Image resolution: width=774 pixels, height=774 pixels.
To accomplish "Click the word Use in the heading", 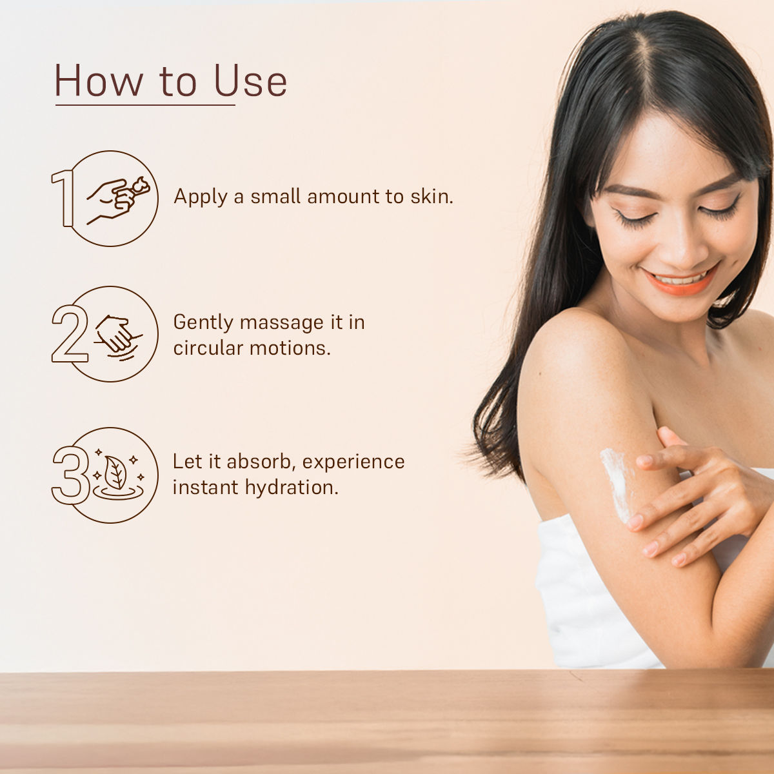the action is pyautogui.click(x=251, y=81).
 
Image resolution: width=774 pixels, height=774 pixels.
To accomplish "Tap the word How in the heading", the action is pyautogui.click(x=99, y=81).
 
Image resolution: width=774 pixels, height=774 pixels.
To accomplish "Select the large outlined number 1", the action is pyautogui.click(x=63, y=198).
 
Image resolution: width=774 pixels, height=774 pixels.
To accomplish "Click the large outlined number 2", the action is pyautogui.click(x=70, y=333).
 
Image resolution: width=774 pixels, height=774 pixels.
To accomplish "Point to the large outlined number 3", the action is pyautogui.click(x=70, y=475).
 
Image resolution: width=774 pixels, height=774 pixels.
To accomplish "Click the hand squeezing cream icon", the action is pyautogui.click(x=118, y=200).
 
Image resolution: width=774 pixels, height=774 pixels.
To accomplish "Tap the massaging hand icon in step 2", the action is pyautogui.click(x=117, y=337).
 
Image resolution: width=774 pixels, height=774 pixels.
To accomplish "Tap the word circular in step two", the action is pyautogui.click(x=208, y=348).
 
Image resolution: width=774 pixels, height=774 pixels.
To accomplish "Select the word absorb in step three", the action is pyautogui.click(x=259, y=462).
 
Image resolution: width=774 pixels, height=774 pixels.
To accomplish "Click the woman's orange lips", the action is pyautogui.click(x=680, y=281).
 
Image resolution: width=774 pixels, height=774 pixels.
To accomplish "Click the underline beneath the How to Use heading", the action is pyautogui.click(x=145, y=105).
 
